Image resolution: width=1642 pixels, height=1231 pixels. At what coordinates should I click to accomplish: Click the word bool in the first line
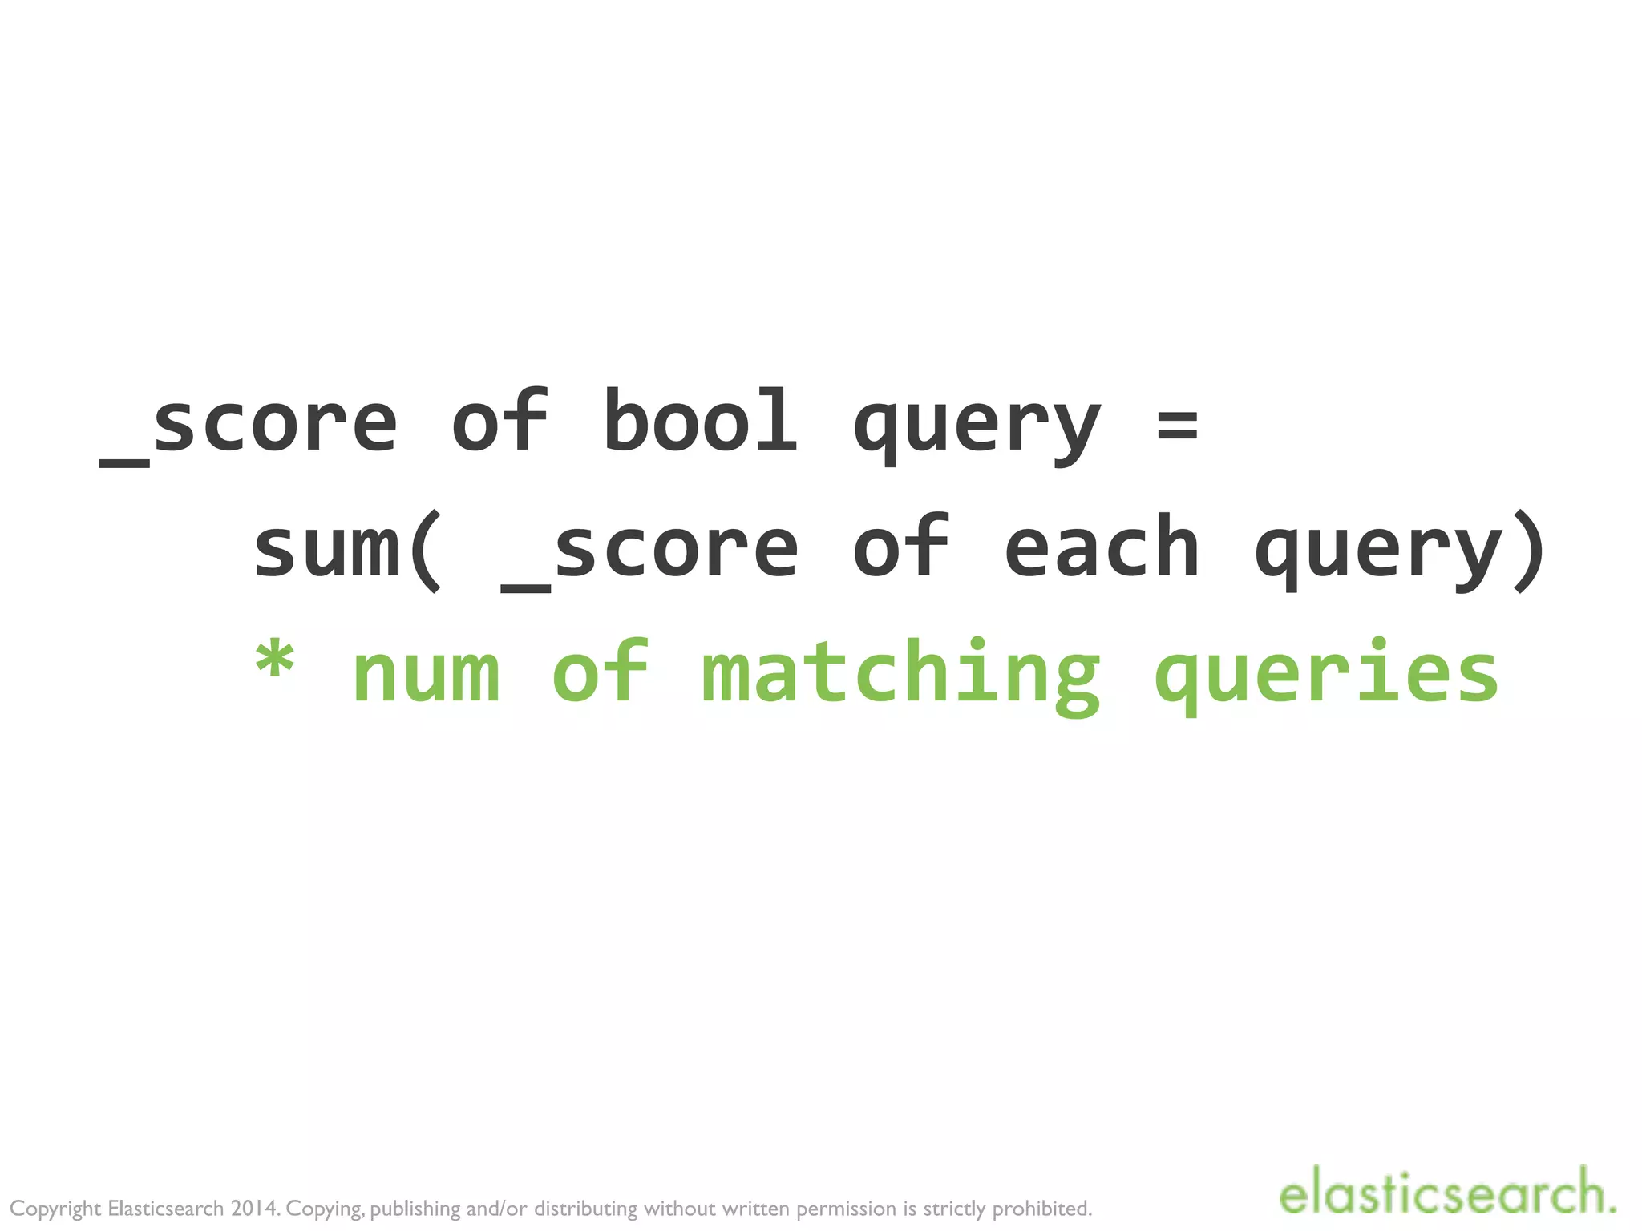[699, 422]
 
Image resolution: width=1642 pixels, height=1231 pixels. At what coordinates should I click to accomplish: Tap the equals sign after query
[1177, 425]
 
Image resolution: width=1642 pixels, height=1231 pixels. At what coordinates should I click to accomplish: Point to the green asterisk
[274, 662]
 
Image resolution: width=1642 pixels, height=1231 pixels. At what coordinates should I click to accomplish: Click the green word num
[427, 674]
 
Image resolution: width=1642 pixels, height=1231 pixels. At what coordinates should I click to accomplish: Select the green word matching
[900, 674]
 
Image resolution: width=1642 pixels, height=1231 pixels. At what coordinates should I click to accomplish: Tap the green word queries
[1326, 674]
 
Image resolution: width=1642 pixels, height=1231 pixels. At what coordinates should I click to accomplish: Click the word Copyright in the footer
[55, 1209]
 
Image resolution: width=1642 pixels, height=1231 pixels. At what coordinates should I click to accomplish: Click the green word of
[600, 672]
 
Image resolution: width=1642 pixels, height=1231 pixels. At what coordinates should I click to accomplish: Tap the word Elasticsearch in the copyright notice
[166, 1209]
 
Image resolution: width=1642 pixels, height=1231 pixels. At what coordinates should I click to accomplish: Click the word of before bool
[500, 422]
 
